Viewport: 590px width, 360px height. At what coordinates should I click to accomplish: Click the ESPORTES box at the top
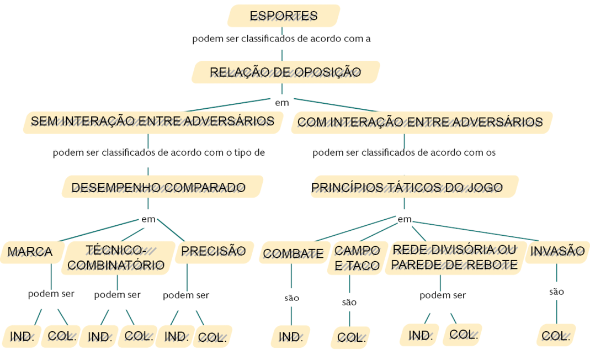click(x=283, y=15)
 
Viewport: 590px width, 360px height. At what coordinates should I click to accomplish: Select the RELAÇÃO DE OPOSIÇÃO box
click(x=285, y=72)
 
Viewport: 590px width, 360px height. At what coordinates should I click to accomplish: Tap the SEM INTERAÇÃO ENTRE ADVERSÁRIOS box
click(x=152, y=121)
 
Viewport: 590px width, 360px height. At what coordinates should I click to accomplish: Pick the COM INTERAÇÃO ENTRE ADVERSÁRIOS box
click(x=420, y=122)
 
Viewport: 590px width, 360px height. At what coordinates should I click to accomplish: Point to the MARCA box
click(x=30, y=252)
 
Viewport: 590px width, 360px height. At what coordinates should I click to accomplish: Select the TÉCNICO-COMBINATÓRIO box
click(x=116, y=258)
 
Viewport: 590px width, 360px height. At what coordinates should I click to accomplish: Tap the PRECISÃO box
click(x=213, y=251)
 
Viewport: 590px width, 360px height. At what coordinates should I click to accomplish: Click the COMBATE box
click(x=293, y=253)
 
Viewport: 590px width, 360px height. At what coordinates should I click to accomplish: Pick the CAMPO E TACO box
click(x=357, y=258)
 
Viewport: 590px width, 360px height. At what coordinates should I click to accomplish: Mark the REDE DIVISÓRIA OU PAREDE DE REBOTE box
click(x=454, y=257)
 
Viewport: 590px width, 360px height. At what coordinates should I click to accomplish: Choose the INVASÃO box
click(x=557, y=251)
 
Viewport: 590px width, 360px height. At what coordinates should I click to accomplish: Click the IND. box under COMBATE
click(x=291, y=337)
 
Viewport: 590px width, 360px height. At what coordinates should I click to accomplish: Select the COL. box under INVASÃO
click(x=556, y=336)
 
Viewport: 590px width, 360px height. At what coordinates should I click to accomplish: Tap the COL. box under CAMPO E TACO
click(x=350, y=338)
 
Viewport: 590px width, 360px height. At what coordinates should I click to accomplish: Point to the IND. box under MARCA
click(x=22, y=336)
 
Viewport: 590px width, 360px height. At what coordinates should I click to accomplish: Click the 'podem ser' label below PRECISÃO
click(x=186, y=295)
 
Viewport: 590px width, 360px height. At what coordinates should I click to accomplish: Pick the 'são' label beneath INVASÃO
click(x=556, y=292)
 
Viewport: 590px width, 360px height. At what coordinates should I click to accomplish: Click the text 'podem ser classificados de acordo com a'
click(x=281, y=39)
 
